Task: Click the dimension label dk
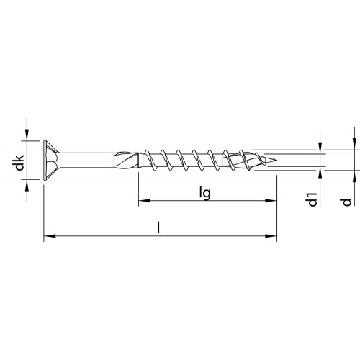19,163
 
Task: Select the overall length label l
158,228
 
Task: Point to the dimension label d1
312,199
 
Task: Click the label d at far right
346,202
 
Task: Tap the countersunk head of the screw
52,160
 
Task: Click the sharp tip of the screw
276,160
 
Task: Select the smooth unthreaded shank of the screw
86,160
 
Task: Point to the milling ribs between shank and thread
126,160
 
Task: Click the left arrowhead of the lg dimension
145,201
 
